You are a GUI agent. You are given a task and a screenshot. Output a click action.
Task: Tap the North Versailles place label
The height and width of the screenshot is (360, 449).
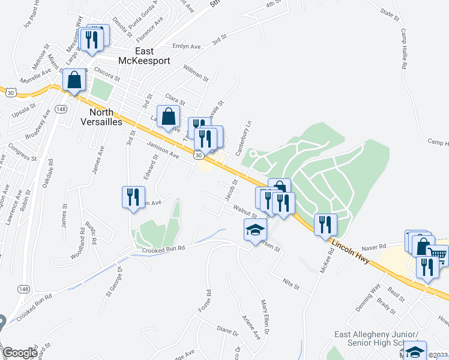pos(105,116)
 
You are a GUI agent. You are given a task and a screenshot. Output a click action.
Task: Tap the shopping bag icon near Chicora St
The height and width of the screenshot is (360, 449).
pos(74,81)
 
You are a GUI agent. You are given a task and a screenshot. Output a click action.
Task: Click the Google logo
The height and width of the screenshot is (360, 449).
pos(19,353)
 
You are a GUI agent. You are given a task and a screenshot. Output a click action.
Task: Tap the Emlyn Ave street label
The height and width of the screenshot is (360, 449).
pos(185,46)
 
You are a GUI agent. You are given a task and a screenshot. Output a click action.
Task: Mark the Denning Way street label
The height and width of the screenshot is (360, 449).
pos(367,295)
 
